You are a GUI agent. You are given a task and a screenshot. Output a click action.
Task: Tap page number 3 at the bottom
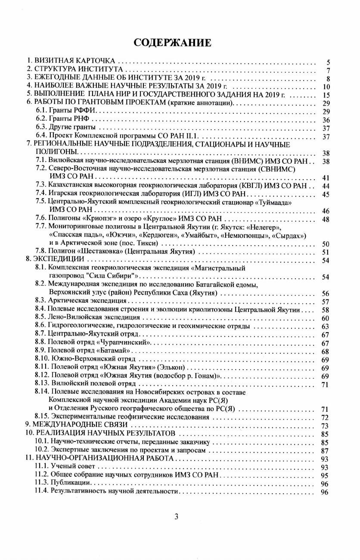tap(176, 516)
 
